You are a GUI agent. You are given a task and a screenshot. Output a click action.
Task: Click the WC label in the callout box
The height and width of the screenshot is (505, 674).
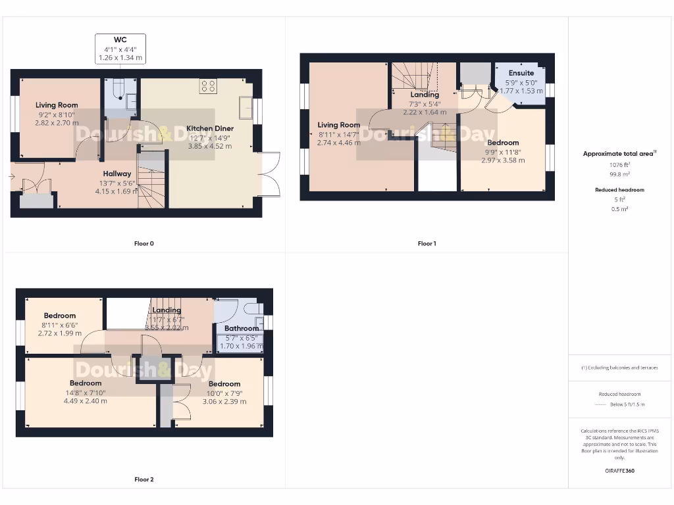[x=120, y=39]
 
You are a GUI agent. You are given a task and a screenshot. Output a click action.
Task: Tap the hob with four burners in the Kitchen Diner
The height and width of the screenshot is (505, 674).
[x=209, y=86]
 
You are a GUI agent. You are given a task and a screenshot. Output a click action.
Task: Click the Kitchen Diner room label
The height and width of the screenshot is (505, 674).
[x=209, y=128]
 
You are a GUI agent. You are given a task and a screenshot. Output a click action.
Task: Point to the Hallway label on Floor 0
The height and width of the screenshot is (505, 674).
[x=117, y=174]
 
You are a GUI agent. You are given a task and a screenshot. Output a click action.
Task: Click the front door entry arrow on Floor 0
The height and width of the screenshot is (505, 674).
[x=12, y=177]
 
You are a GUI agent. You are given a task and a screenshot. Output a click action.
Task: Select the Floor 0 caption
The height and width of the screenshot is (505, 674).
[x=143, y=243]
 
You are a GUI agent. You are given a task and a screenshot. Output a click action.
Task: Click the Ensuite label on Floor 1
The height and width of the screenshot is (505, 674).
[x=521, y=73]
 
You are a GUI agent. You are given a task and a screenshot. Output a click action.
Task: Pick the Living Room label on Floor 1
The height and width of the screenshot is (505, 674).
[x=339, y=125]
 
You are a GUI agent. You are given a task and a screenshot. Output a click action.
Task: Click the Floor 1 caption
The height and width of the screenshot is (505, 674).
[x=427, y=243]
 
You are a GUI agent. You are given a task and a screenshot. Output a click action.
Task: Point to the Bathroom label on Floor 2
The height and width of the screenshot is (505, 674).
[x=242, y=328]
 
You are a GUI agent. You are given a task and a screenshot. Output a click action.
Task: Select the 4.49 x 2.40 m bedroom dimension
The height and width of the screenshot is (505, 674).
[x=85, y=401]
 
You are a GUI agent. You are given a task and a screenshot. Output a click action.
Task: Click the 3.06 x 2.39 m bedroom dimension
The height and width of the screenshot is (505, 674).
[x=224, y=401]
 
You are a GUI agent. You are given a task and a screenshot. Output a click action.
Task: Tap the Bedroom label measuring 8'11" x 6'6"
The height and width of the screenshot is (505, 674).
[x=60, y=316]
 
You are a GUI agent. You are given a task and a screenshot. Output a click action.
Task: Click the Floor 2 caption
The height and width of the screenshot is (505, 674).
[x=143, y=479]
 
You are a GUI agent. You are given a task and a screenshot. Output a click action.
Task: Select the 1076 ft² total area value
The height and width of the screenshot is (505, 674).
[x=618, y=165]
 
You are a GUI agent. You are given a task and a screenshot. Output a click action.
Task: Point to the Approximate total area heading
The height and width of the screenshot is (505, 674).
[x=618, y=154]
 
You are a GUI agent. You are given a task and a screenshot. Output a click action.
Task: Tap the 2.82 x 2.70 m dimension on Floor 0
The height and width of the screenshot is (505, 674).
[x=57, y=122]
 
